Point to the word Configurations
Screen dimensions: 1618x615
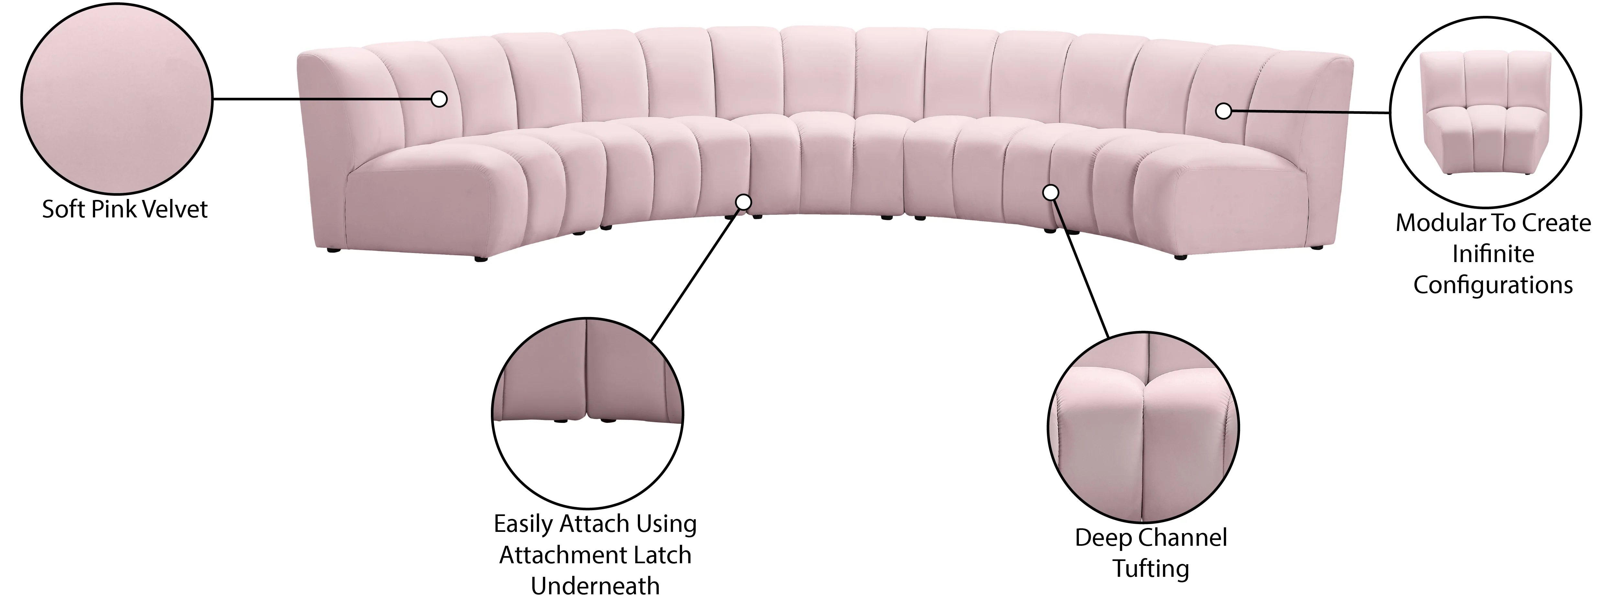pyautogui.click(x=1493, y=285)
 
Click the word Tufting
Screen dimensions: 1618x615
pyautogui.click(x=1151, y=569)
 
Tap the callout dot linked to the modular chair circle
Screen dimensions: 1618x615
pyautogui.click(x=1223, y=111)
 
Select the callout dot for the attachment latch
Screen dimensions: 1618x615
pyautogui.click(x=743, y=202)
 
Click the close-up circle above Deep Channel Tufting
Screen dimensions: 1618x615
pyautogui.click(x=1143, y=428)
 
